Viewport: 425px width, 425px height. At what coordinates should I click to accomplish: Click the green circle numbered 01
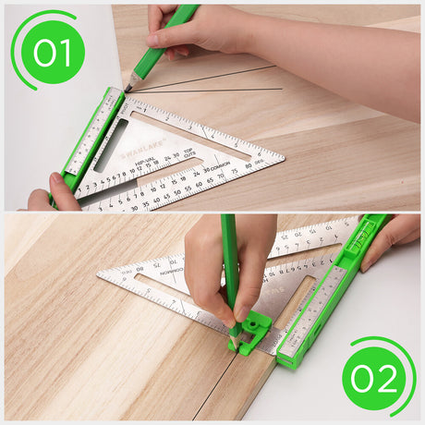53,52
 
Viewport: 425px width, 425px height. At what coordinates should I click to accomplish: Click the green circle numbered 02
373,377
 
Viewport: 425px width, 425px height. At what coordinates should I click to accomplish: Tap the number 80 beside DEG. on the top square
249,166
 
